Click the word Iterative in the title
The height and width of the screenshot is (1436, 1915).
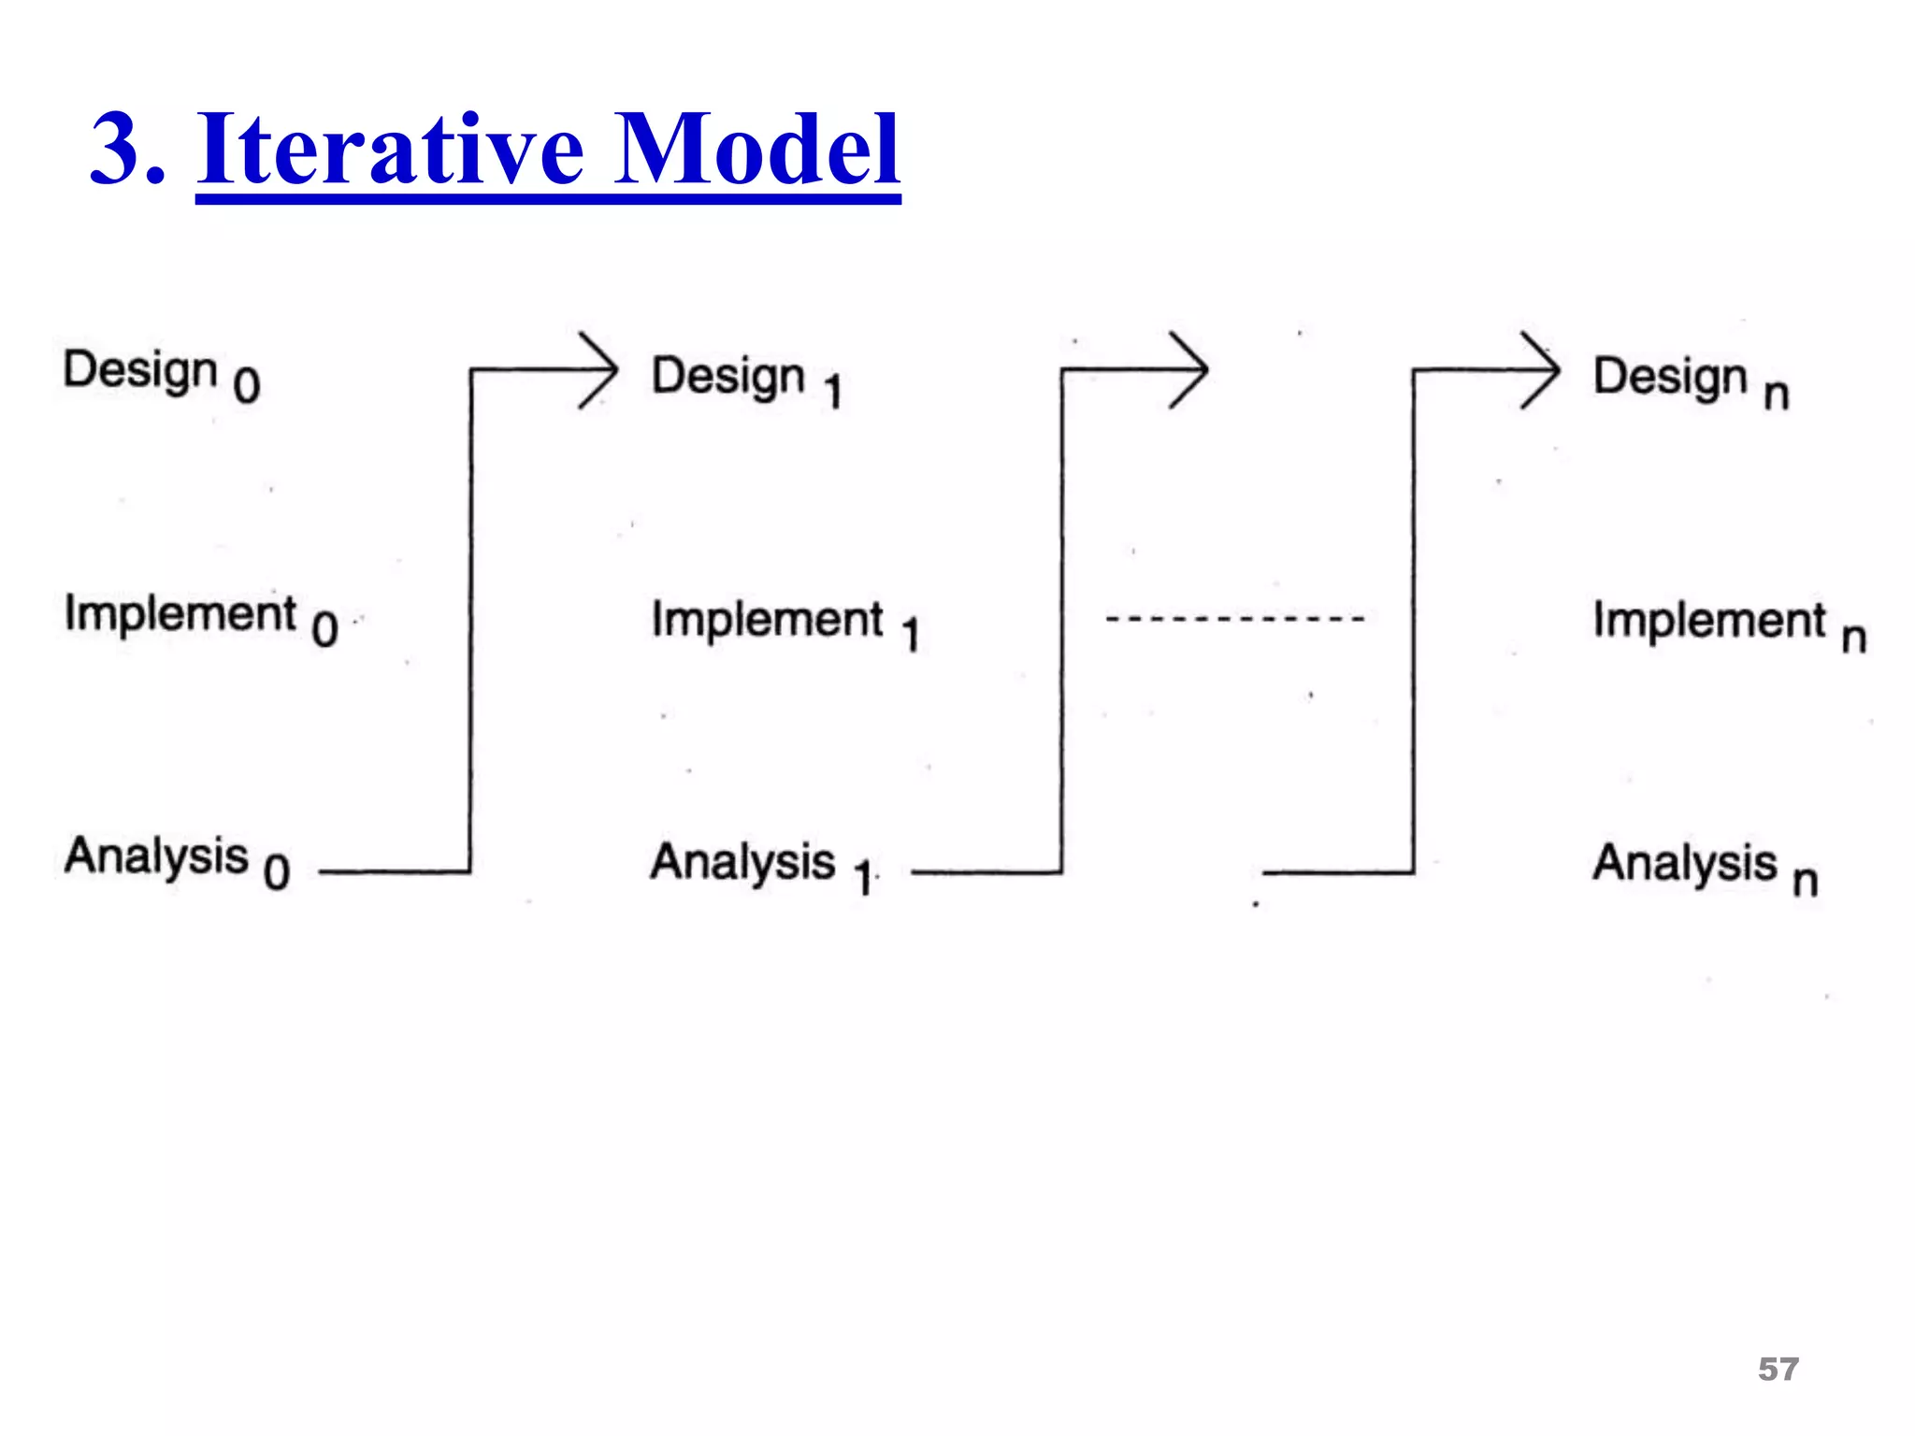(391, 150)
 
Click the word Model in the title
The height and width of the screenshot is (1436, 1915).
(757, 150)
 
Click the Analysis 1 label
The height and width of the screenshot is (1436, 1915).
(761, 865)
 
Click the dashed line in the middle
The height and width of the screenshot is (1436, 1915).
(1234, 619)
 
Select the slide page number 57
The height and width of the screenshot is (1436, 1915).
(1778, 1369)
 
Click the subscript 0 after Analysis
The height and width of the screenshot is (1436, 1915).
(277, 872)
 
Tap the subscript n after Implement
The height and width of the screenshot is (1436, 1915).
(1853, 638)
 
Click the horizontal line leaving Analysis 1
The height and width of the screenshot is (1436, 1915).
(986, 872)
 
